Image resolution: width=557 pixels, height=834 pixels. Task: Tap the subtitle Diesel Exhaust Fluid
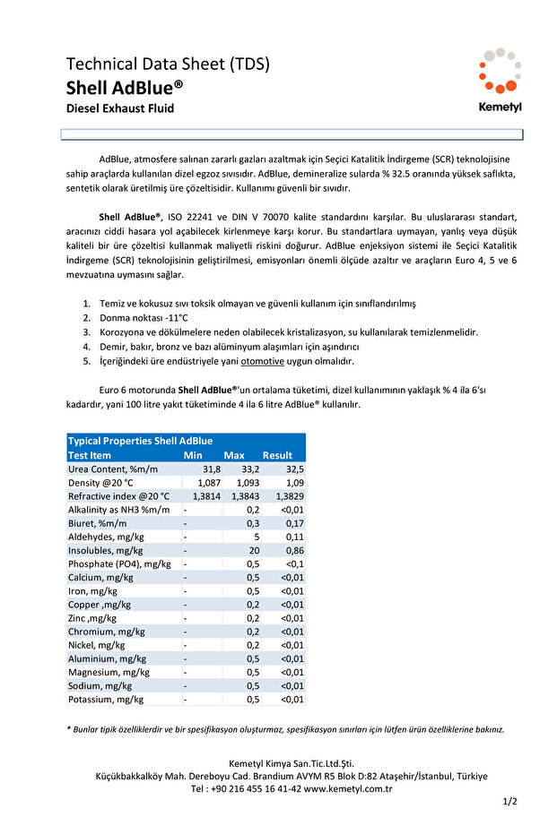[120, 108]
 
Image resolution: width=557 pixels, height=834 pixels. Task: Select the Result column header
[277, 455]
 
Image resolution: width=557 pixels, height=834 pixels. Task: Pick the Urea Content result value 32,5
[294, 469]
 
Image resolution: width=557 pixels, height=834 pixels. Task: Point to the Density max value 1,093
[247, 483]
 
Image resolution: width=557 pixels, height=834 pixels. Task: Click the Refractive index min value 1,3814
[202, 496]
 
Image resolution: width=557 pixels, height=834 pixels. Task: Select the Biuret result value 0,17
[294, 523]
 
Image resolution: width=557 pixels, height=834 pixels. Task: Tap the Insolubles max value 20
[254, 550]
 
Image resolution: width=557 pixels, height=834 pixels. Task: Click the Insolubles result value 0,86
[294, 550]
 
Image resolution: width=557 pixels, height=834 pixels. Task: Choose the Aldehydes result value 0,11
[294, 537]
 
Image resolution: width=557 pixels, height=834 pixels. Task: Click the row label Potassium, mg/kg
[106, 700]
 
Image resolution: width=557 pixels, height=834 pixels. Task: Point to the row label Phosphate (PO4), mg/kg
[119, 563]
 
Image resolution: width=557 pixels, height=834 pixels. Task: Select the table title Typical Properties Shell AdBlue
[141, 441]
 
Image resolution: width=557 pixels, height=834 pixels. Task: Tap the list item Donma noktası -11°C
[143, 318]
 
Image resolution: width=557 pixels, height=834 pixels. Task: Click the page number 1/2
[509, 802]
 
